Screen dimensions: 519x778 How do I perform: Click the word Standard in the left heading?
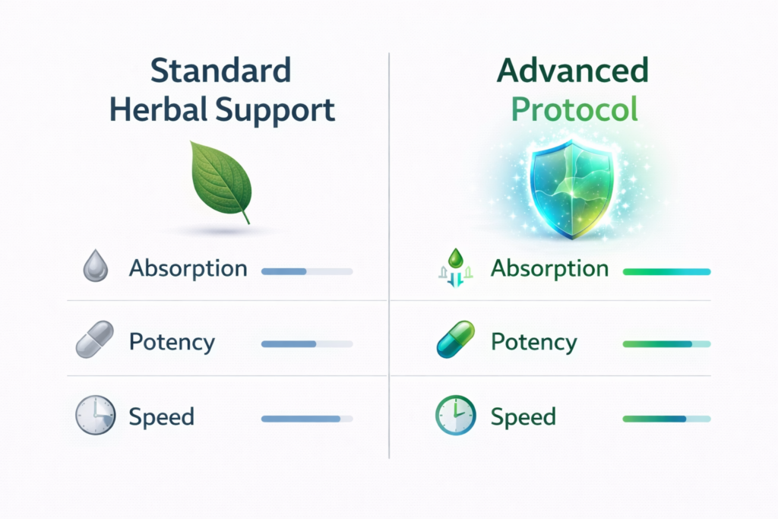click(220, 71)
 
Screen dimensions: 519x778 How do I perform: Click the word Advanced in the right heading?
click(573, 71)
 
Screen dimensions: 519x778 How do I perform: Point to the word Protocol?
click(574, 109)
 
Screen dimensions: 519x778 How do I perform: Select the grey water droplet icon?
click(95, 268)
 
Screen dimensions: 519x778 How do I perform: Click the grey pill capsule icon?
click(95, 340)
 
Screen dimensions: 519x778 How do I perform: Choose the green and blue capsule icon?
click(456, 340)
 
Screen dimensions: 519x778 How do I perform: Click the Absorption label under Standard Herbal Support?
click(188, 268)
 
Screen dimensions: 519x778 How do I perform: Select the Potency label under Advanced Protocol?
click(533, 341)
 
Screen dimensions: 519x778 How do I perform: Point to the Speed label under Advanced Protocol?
click(524, 417)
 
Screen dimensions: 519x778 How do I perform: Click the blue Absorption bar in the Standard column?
click(306, 271)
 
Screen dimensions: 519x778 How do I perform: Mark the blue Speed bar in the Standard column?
click(306, 418)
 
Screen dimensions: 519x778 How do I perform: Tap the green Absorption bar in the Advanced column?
click(666, 271)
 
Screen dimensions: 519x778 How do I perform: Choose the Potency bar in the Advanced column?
click(666, 344)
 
